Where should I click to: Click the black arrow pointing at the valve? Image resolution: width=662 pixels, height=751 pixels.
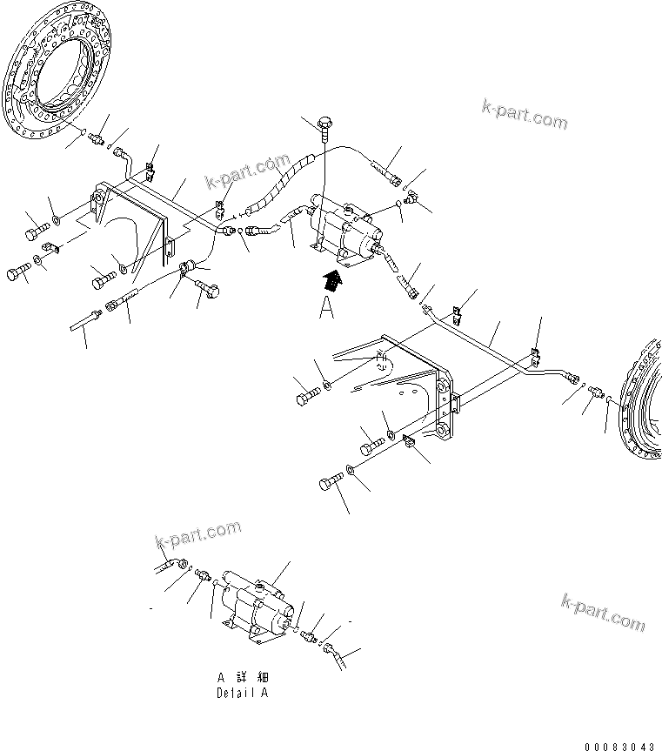coord(331,281)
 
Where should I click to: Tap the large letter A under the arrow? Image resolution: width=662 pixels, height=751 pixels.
coord(326,309)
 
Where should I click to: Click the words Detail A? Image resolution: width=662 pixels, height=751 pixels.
coord(243,694)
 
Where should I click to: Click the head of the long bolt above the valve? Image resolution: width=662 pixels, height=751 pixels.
coord(326,124)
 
